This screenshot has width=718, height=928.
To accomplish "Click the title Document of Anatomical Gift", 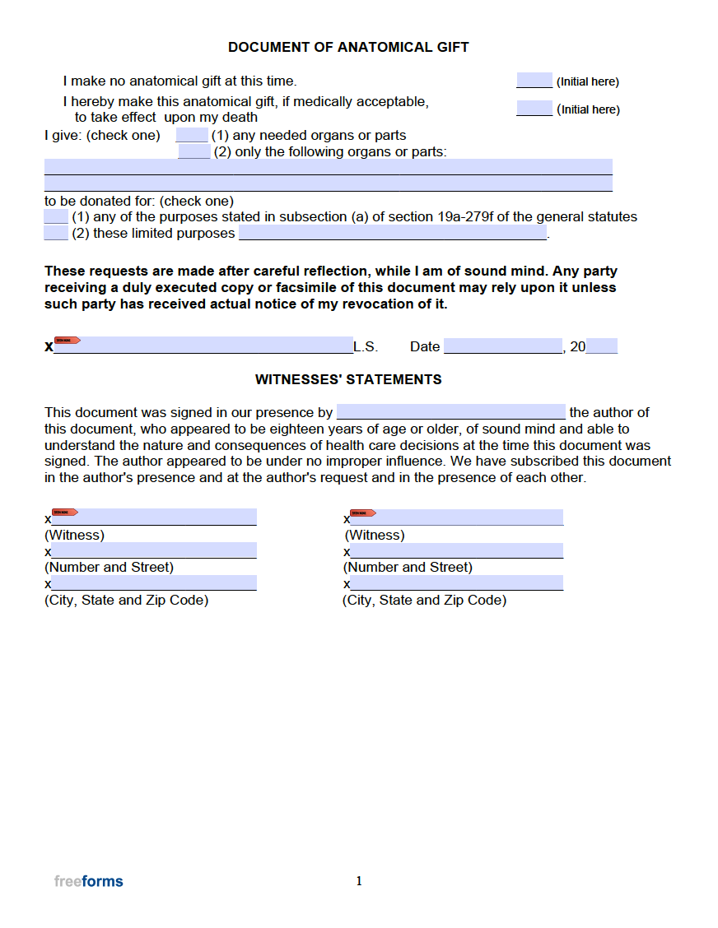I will [x=348, y=47].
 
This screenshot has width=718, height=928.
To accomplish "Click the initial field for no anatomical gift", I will [x=534, y=81].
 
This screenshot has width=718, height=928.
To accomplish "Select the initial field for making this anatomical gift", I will [x=534, y=109].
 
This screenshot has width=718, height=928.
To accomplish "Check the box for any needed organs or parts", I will [x=192, y=135].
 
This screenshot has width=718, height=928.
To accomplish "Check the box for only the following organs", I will [x=194, y=151].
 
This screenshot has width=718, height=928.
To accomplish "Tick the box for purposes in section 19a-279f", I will [x=56, y=217].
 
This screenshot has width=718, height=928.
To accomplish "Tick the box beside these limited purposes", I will [x=56, y=234].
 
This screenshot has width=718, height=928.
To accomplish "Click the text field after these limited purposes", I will [x=393, y=234].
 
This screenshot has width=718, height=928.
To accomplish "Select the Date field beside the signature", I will [x=502, y=346].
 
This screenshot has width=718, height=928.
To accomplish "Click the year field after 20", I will [x=602, y=346].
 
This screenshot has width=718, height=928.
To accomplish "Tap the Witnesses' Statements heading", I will [x=348, y=379].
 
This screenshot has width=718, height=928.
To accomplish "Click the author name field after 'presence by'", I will [x=451, y=412].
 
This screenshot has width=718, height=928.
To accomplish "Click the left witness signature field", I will [x=154, y=517].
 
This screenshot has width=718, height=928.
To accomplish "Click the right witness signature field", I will [x=456, y=517].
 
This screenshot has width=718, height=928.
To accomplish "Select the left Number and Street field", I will [x=154, y=550].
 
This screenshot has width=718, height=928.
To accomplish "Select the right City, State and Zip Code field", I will [x=456, y=583].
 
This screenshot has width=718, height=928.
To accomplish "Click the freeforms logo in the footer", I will [x=89, y=881].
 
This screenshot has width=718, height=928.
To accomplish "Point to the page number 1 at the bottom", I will [x=359, y=881].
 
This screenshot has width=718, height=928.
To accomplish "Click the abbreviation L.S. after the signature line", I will [x=366, y=346].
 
